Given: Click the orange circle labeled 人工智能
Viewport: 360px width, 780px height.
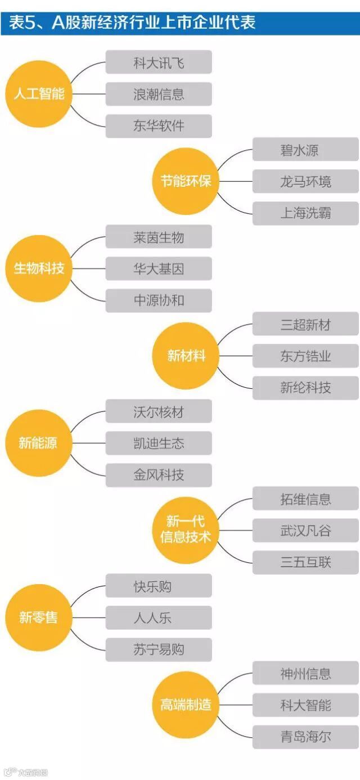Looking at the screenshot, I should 39,93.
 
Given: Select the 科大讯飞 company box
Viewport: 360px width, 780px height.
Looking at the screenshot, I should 159,62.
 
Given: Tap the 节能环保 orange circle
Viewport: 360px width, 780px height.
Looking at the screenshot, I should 186,181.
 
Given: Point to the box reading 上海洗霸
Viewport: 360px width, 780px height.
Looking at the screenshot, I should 305,213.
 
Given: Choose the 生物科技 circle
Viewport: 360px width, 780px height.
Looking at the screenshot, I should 39,268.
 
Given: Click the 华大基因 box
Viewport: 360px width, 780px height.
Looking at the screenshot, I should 159,268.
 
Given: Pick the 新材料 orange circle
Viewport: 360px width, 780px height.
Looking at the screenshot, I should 186,356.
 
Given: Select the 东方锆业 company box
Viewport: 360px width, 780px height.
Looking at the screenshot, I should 305,356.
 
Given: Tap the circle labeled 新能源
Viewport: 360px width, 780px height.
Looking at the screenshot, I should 39,443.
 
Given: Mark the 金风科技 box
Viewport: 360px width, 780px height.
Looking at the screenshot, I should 159,475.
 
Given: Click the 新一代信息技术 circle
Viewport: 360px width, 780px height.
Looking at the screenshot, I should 186,530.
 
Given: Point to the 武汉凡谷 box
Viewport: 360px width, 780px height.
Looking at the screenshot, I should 305,530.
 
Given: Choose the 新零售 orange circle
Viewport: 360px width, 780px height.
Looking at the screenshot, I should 39,617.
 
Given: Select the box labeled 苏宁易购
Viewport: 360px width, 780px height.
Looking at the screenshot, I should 159,649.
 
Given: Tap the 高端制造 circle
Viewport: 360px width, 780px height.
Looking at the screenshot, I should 186,705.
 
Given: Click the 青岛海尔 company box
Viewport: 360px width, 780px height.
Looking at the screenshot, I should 305,737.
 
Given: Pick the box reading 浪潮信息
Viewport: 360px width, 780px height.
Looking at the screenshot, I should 159,94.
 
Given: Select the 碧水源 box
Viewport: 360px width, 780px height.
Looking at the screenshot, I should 305,150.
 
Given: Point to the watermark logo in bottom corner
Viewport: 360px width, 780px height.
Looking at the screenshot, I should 25,773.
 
